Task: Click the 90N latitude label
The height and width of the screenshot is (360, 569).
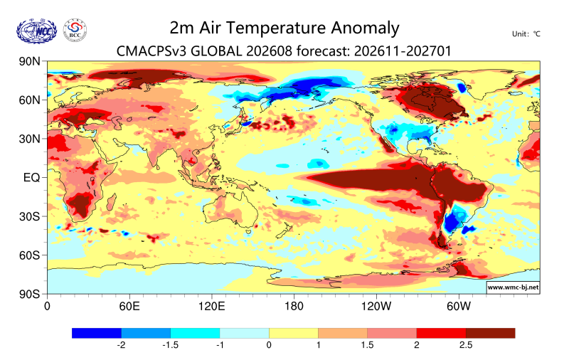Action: [x=30, y=61]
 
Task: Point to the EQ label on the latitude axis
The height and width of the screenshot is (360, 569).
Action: [x=31, y=178]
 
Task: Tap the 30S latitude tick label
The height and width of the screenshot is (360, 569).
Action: [x=30, y=217]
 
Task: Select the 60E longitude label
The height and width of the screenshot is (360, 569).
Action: [x=129, y=307]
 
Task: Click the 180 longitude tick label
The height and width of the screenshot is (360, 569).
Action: [x=294, y=307]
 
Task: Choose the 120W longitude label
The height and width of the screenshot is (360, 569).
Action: [x=376, y=307]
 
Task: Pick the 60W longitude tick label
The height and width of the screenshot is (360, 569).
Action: [x=459, y=307]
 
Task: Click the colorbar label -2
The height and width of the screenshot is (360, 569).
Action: [x=121, y=345]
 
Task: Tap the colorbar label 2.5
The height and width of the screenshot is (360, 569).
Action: [x=466, y=345]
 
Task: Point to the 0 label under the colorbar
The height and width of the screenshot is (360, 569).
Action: [x=269, y=345]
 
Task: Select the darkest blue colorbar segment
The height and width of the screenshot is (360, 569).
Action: [x=97, y=333]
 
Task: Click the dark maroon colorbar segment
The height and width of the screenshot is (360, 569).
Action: [x=491, y=333]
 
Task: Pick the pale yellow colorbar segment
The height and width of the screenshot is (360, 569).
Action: [x=294, y=333]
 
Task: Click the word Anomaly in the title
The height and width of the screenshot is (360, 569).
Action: [x=365, y=28]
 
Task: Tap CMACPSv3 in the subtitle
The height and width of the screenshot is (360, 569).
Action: [x=151, y=51]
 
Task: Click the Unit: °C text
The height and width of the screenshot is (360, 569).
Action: [x=526, y=34]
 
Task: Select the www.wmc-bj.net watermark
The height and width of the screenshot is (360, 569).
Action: [x=513, y=287]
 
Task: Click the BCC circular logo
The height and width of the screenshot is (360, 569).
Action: [x=75, y=31]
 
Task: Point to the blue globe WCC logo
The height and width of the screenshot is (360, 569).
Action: [x=37, y=31]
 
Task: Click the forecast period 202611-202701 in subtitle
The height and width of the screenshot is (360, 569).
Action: [x=403, y=51]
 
